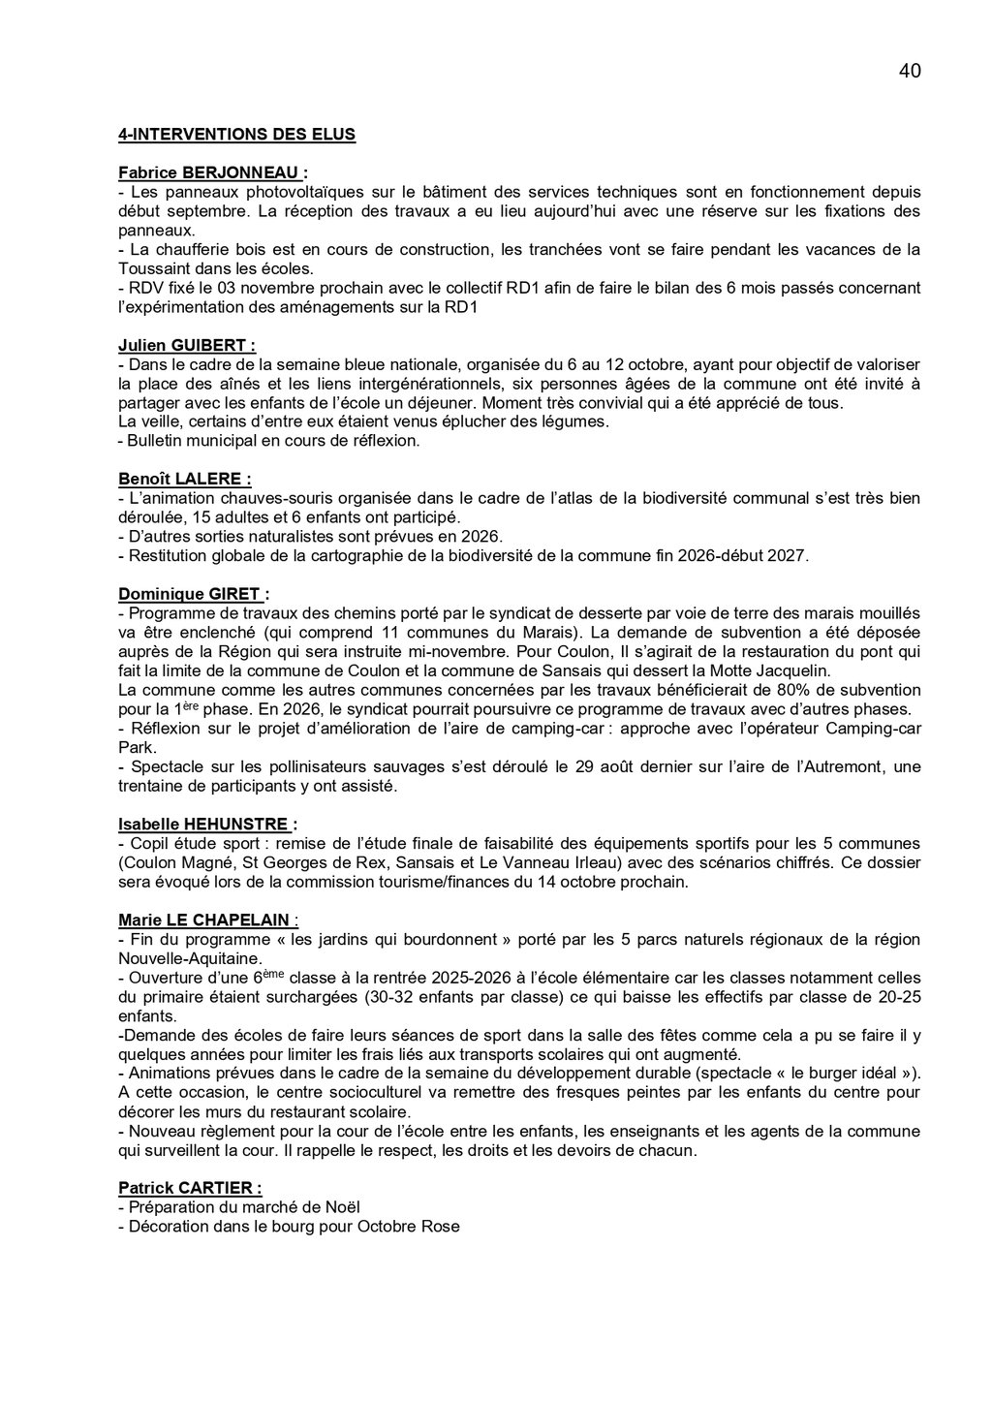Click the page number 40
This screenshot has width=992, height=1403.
(910, 71)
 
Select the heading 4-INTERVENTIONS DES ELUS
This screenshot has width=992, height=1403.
(236, 134)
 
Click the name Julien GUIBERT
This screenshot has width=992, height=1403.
(187, 345)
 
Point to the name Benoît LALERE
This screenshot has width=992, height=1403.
(184, 479)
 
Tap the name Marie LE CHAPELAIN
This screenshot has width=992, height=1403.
(208, 920)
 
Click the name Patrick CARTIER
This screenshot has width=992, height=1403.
(190, 1188)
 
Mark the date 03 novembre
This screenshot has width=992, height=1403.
(245, 288)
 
